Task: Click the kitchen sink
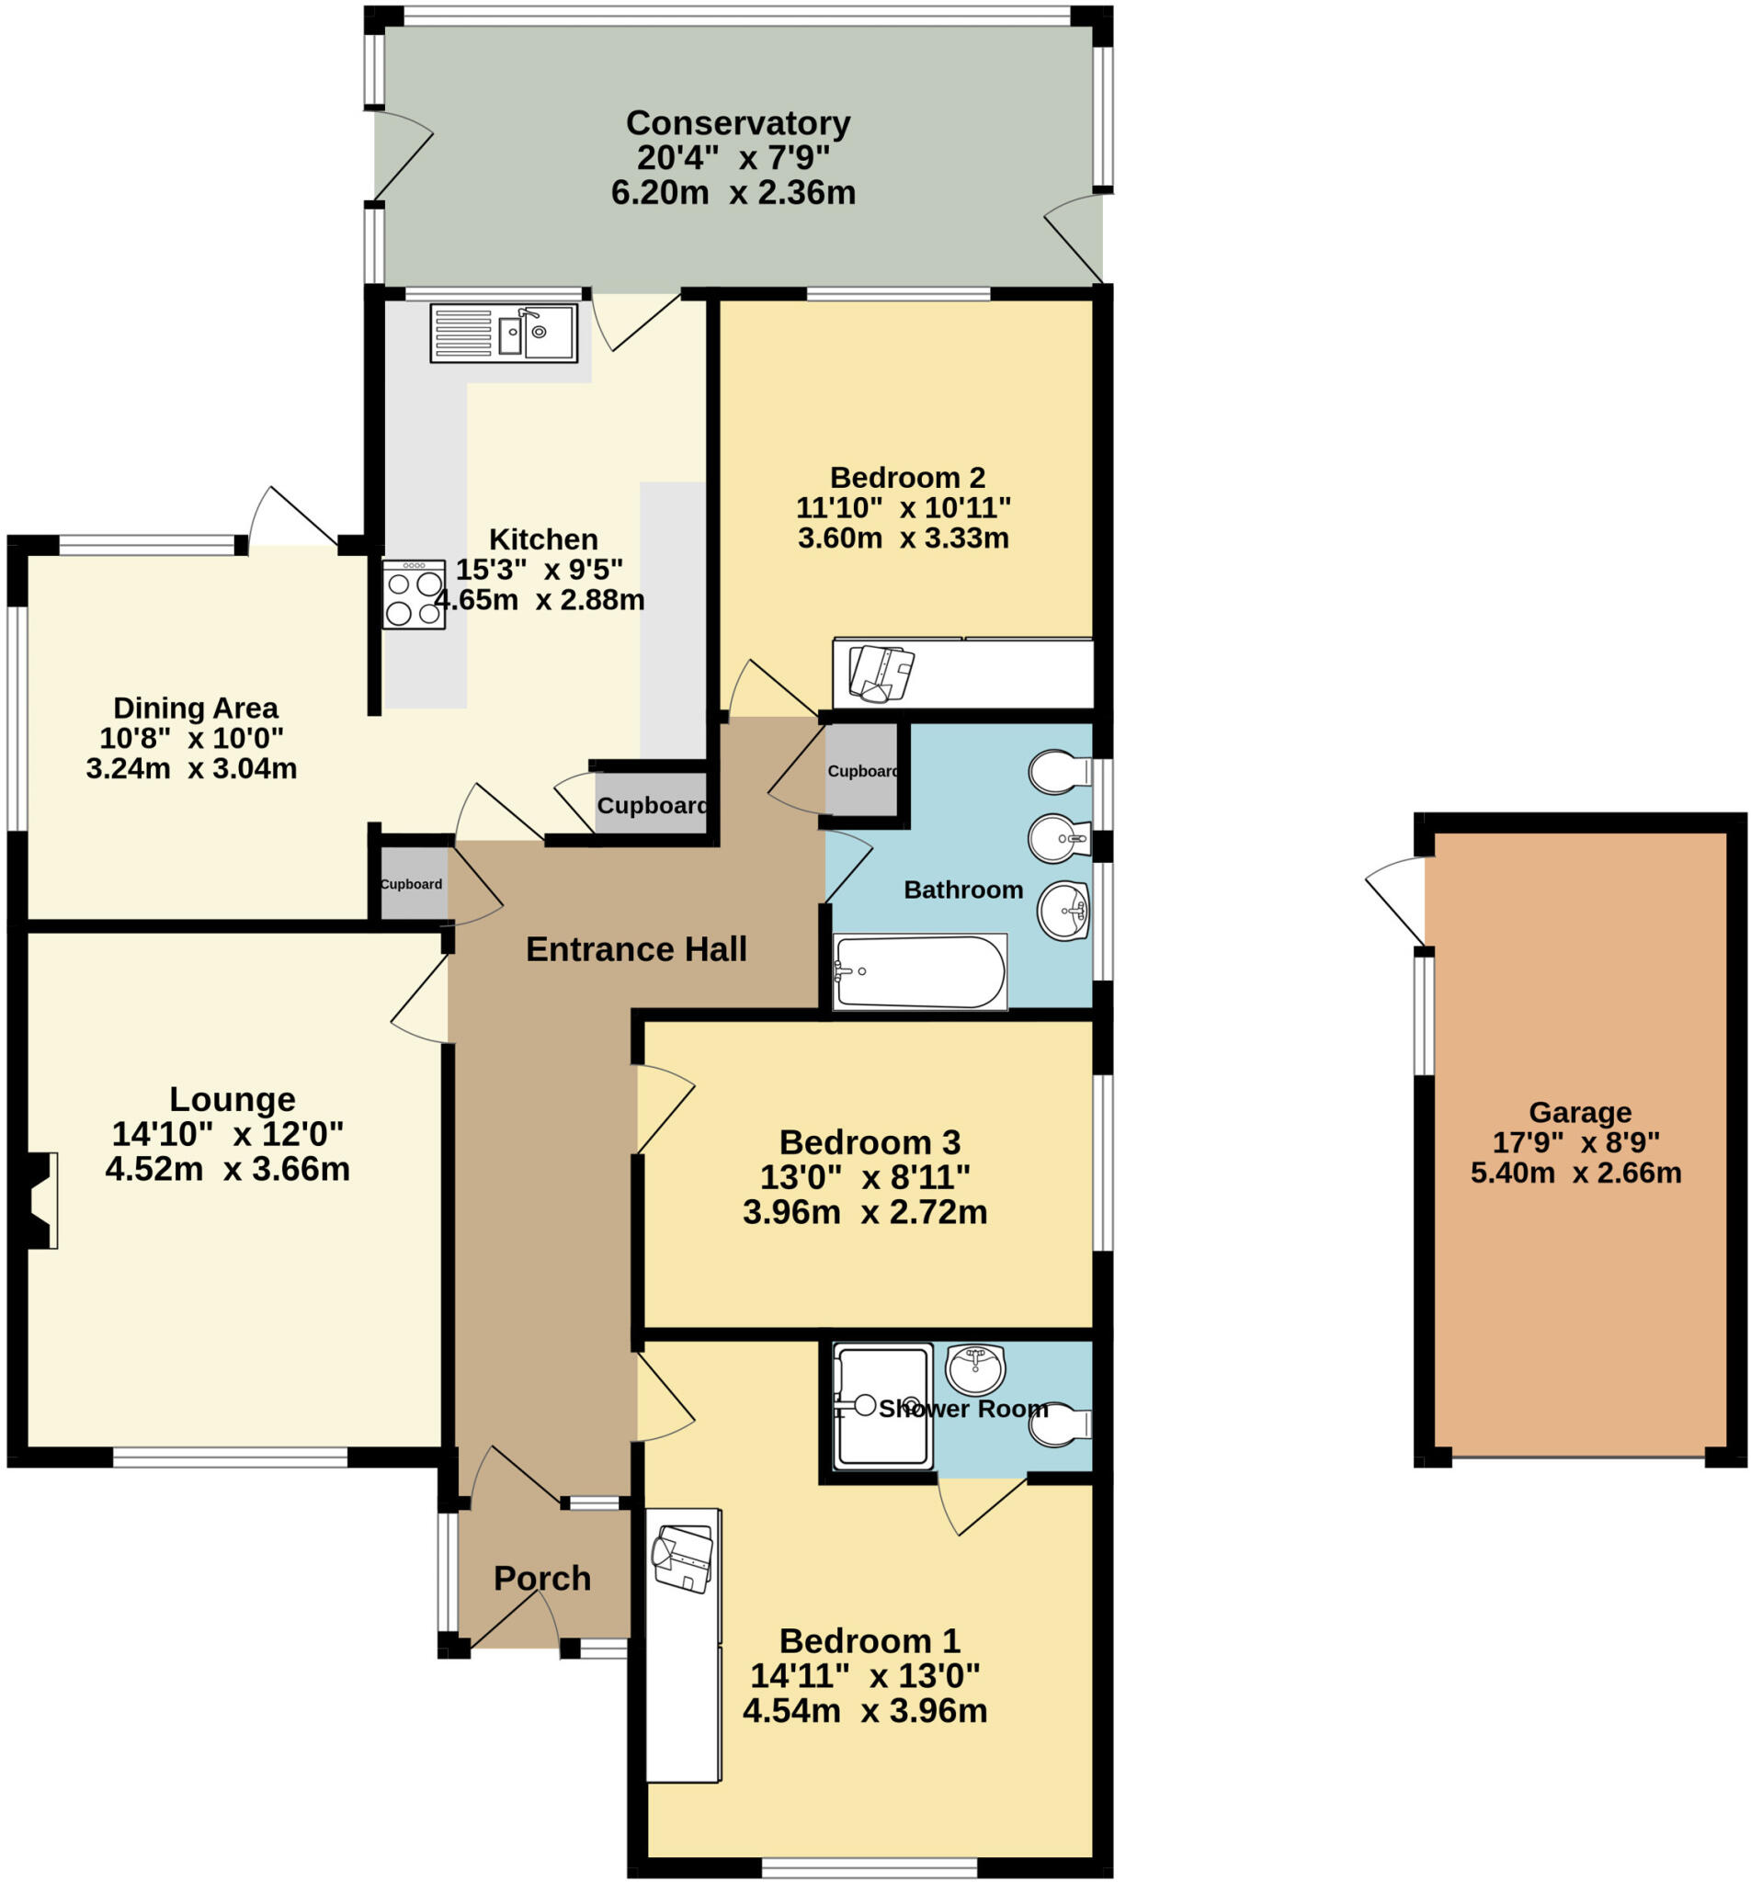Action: point(503,333)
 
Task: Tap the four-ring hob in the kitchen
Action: point(414,595)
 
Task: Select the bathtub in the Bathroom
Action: point(917,971)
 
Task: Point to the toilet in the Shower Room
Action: point(1061,1424)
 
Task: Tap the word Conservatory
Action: point(738,123)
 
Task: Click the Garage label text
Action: point(1580,1111)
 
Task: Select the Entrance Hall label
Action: point(636,948)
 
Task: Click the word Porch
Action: point(542,1578)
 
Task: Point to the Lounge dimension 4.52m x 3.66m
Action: point(227,1169)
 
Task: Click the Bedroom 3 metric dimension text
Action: point(865,1212)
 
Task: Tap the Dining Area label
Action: point(195,708)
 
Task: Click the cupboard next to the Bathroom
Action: point(861,771)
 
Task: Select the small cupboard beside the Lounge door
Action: point(413,884)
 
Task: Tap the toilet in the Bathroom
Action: point(1059,772)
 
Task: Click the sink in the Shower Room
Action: point(974,1367)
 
